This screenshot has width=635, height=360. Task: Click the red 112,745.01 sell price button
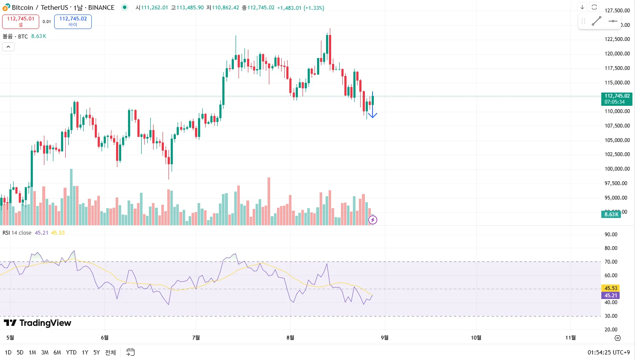click(20, 21)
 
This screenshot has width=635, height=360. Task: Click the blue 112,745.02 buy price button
click(73, 21)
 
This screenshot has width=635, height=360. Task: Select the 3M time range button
click(45, 352)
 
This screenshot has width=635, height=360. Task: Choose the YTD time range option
click(71, 352)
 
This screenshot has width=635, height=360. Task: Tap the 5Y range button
click(96, 352)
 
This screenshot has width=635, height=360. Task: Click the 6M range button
click(57, 352)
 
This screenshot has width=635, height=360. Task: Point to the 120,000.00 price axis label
click(617, 54)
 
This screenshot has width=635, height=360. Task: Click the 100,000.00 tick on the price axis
click(617, 169)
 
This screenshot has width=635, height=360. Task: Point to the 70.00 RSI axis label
click(611, 262)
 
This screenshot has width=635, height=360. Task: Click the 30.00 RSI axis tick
click(611, 316)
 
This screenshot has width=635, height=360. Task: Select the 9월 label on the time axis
click(384, 338)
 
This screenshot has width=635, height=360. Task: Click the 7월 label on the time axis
click(196, 338)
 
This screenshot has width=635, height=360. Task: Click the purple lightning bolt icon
click(373, 220)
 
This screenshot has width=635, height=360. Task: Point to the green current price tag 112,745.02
click(617, 99)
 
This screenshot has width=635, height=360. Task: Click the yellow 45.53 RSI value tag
click(611, 288)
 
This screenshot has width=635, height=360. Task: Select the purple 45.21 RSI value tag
click(611, 296)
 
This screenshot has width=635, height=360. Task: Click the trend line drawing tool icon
click(597, 21)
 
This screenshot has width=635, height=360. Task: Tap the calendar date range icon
click(131, 352)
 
